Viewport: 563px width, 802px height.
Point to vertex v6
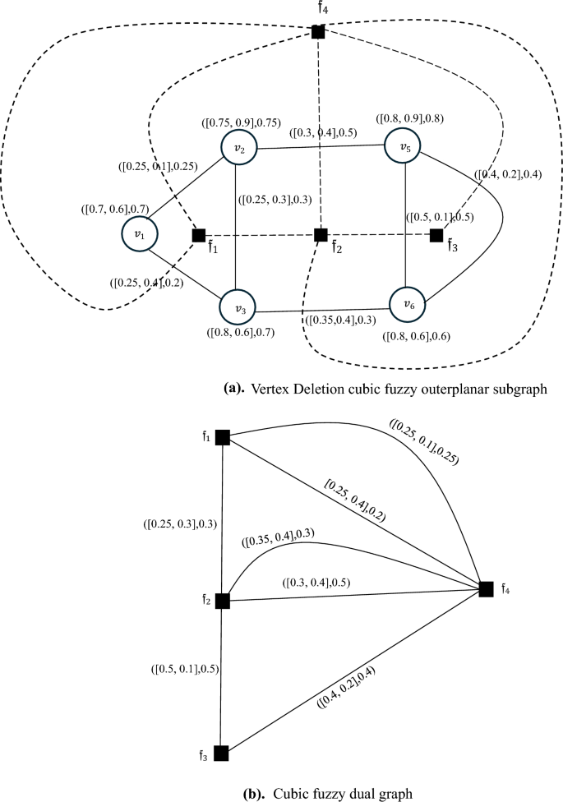click(x=408, y=305)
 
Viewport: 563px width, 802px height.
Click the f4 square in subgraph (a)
click(x=318, y=32)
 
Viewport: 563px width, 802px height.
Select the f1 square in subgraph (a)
click(x=198, y=236)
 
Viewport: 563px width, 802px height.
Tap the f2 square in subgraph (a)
click(x=321, y=236)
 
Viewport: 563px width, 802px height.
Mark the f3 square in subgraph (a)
click(x=436, y=236)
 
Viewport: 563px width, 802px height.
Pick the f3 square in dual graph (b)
click(x=220, y=753)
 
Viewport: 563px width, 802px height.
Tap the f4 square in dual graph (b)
click(x=486, y=588)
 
